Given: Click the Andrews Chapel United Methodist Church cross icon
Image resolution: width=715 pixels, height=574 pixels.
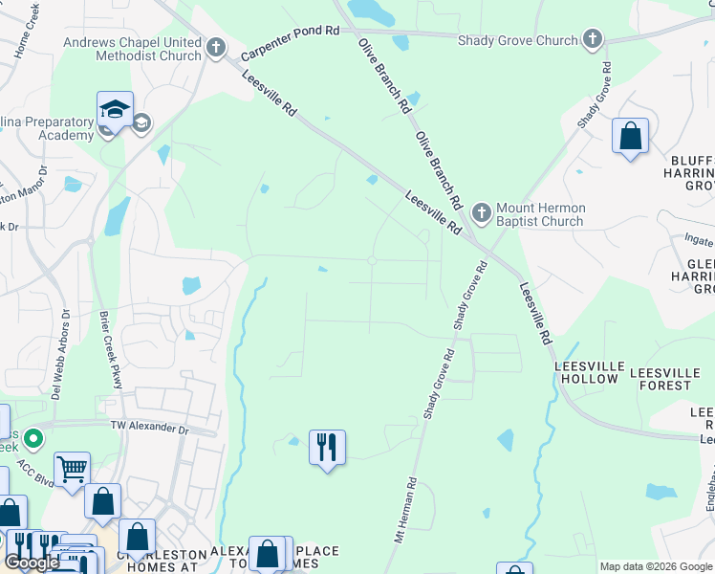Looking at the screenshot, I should pyautogui.click(x=217, y=46).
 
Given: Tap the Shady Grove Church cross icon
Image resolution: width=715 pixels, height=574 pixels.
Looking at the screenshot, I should pyautogui.click(x=593, y=39).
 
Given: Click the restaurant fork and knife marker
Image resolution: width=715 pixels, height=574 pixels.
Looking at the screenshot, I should pyautogui.click(x=327, y=447).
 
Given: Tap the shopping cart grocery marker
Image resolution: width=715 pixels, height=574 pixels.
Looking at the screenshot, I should pyautogui.click(x=72, y=470).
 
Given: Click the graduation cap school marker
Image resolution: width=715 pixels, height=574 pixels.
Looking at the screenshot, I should pyautogui.click(x=114, y=110).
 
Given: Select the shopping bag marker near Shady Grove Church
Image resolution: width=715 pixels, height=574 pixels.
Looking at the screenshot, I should pyautogui.click(x=630, y=136).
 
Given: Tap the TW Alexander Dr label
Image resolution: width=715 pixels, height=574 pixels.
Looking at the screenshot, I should pyautogui.click(x=149, y=426).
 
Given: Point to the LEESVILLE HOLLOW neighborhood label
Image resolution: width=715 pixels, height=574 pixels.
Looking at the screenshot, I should pyautogui.click(x=587, y=373).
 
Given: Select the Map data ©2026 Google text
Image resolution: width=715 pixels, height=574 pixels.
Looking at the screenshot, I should pyautogui.click(x=656, y=566).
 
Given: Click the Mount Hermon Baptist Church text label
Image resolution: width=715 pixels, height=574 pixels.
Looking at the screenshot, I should pyautogui.click(x=540, y=214).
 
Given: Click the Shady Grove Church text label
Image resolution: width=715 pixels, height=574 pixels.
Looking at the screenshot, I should pyautogui.click(x=518, y=40).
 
